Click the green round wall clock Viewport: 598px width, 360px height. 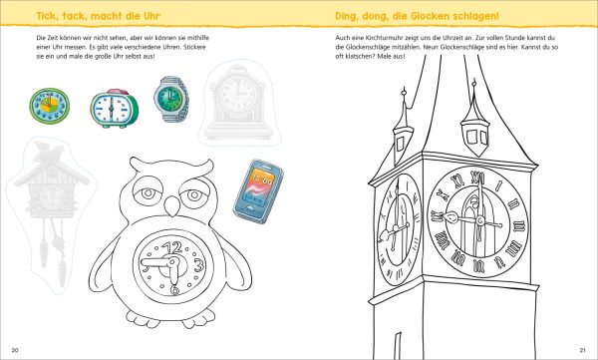[x=50, y=106]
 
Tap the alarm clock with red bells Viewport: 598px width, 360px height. [x=114, y=109]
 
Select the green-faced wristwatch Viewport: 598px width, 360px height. [x=171, y=99]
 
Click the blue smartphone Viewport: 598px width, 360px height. [x=258, y=190]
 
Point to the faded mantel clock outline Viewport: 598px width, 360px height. [x=239, y=103]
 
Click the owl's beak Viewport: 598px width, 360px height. [x=172, y=205]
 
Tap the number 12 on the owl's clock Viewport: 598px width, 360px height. [x=174, y=248]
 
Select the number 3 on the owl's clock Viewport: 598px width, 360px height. [x=198, y=265]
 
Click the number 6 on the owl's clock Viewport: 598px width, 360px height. [x=174, y=290]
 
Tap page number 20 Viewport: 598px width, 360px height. [x=15, y=350]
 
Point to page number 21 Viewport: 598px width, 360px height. [x=582, y=350]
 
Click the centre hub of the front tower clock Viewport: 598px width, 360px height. [x=480, y=220]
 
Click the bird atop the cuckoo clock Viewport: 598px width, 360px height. [x=49, y=150]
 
